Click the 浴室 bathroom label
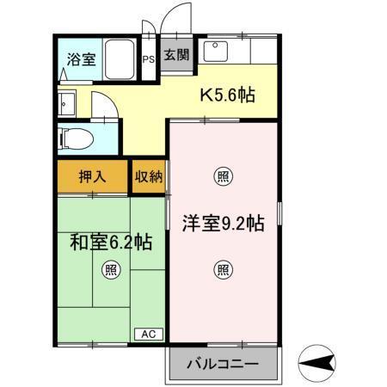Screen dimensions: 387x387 tap(82, 60)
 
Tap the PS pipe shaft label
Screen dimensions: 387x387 tap(149, 59)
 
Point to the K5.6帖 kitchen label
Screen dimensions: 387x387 tap(228, 95)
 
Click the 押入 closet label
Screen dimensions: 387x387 tap(93, 178)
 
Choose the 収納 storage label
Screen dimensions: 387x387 tap(147, 178)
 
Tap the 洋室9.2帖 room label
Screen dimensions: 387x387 tap(222, 224)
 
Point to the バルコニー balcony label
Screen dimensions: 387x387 tap(223, 365)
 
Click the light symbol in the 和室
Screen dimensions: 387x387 tap(112, 269)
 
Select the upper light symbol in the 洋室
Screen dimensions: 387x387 tap(222, 178)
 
